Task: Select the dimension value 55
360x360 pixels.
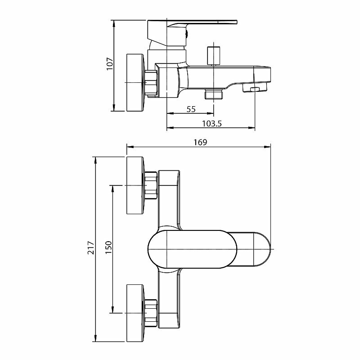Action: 191,109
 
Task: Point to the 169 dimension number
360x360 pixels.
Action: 200,142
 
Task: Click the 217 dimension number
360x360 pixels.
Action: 91,248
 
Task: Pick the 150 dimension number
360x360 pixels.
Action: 108,249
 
